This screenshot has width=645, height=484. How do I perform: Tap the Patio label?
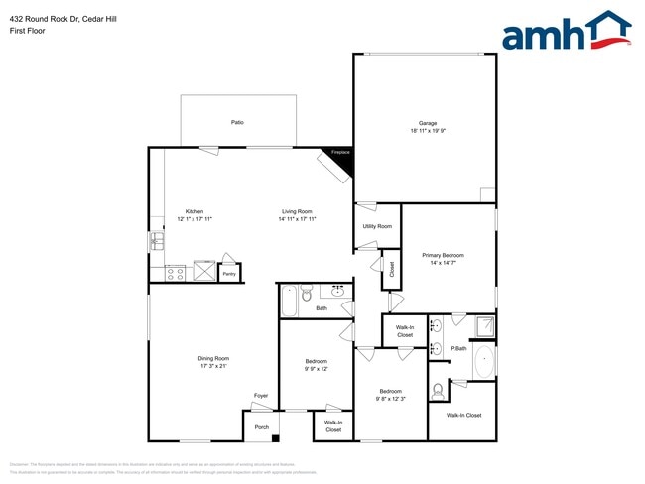237,122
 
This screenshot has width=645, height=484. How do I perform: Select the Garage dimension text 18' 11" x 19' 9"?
427,131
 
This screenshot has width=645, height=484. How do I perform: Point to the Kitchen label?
194,211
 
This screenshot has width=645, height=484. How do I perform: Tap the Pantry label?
229,273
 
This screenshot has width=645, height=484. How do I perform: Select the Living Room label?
296,211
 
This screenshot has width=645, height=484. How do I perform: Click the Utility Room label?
377,226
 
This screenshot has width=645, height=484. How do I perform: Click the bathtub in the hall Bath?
289,299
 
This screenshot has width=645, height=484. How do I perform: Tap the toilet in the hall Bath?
308,294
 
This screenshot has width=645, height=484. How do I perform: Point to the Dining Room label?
213,358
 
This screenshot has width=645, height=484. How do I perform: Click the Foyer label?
261,396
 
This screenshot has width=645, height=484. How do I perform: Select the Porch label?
261,427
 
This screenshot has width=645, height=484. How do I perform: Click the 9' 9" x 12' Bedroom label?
317,361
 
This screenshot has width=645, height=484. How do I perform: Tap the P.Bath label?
459,348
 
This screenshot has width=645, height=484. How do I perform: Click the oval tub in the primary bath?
484,363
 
